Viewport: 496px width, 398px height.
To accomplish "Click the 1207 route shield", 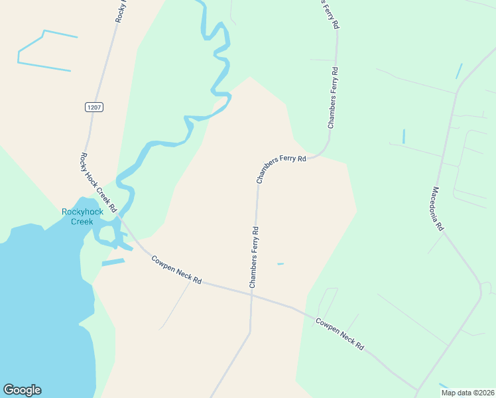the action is (94, 107).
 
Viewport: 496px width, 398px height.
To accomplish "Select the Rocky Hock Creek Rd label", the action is (98, 180).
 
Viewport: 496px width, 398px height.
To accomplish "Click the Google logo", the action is (22, 390).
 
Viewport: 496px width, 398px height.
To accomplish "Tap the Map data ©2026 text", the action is (467, 392).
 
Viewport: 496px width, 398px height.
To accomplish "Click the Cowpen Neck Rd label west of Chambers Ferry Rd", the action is (176, 270).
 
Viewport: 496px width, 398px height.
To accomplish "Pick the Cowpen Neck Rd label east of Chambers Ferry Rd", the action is (340, 334).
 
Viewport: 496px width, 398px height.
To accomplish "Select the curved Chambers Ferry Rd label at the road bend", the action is (281, 168).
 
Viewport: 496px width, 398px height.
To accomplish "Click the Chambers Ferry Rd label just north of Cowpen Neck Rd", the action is (253, 257).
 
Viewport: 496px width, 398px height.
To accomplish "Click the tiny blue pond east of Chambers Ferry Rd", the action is (280, 264).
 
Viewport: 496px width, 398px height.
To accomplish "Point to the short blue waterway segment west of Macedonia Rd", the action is (403, 136).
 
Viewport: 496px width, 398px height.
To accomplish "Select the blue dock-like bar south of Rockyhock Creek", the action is (113, 263).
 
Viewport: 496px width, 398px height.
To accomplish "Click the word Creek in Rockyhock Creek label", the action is (82, 222).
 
